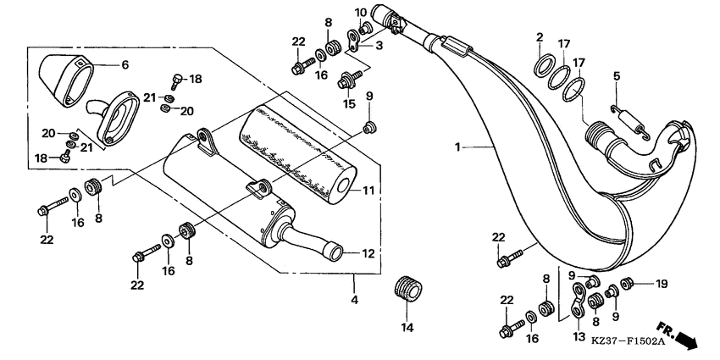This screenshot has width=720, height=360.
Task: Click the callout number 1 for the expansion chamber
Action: (x=457, y=147)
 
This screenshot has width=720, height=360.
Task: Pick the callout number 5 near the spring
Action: (x=618, y=75)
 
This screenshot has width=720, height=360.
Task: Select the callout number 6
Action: (x=125, y=64)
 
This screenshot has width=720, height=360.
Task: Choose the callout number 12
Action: (x=368, y=253)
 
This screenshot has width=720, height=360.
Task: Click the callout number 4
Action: (x=355, y=298)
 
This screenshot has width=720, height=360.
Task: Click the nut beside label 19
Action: (x=629, y=284)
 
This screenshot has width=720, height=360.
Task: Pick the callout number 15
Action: (x=349, y=104)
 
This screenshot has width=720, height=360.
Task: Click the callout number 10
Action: (x=359, y=12)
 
